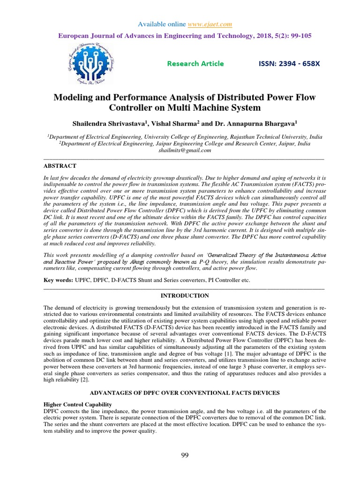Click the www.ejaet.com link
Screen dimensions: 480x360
tap(210, 24)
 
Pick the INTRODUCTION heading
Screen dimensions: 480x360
tap(185, 296)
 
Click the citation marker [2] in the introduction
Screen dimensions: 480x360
tap(68, 380)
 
